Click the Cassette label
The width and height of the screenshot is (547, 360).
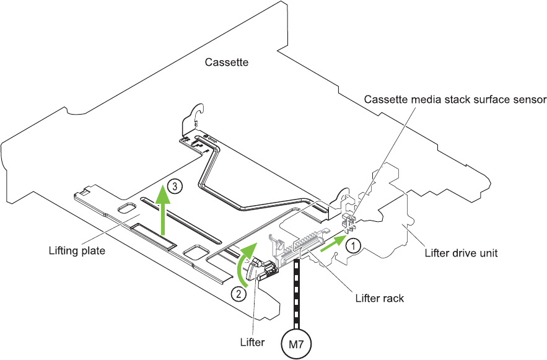coord(227,62)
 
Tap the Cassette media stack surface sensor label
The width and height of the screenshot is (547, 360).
coord(455,99)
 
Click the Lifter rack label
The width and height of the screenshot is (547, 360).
coord(379,298)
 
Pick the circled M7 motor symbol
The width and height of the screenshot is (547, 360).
coord(297,342)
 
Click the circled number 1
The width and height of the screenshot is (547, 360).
coord(352,246)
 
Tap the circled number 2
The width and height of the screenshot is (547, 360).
coord(237,294)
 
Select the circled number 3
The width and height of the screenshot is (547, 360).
coord(176,186)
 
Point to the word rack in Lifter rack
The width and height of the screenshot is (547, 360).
coord(393,298)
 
